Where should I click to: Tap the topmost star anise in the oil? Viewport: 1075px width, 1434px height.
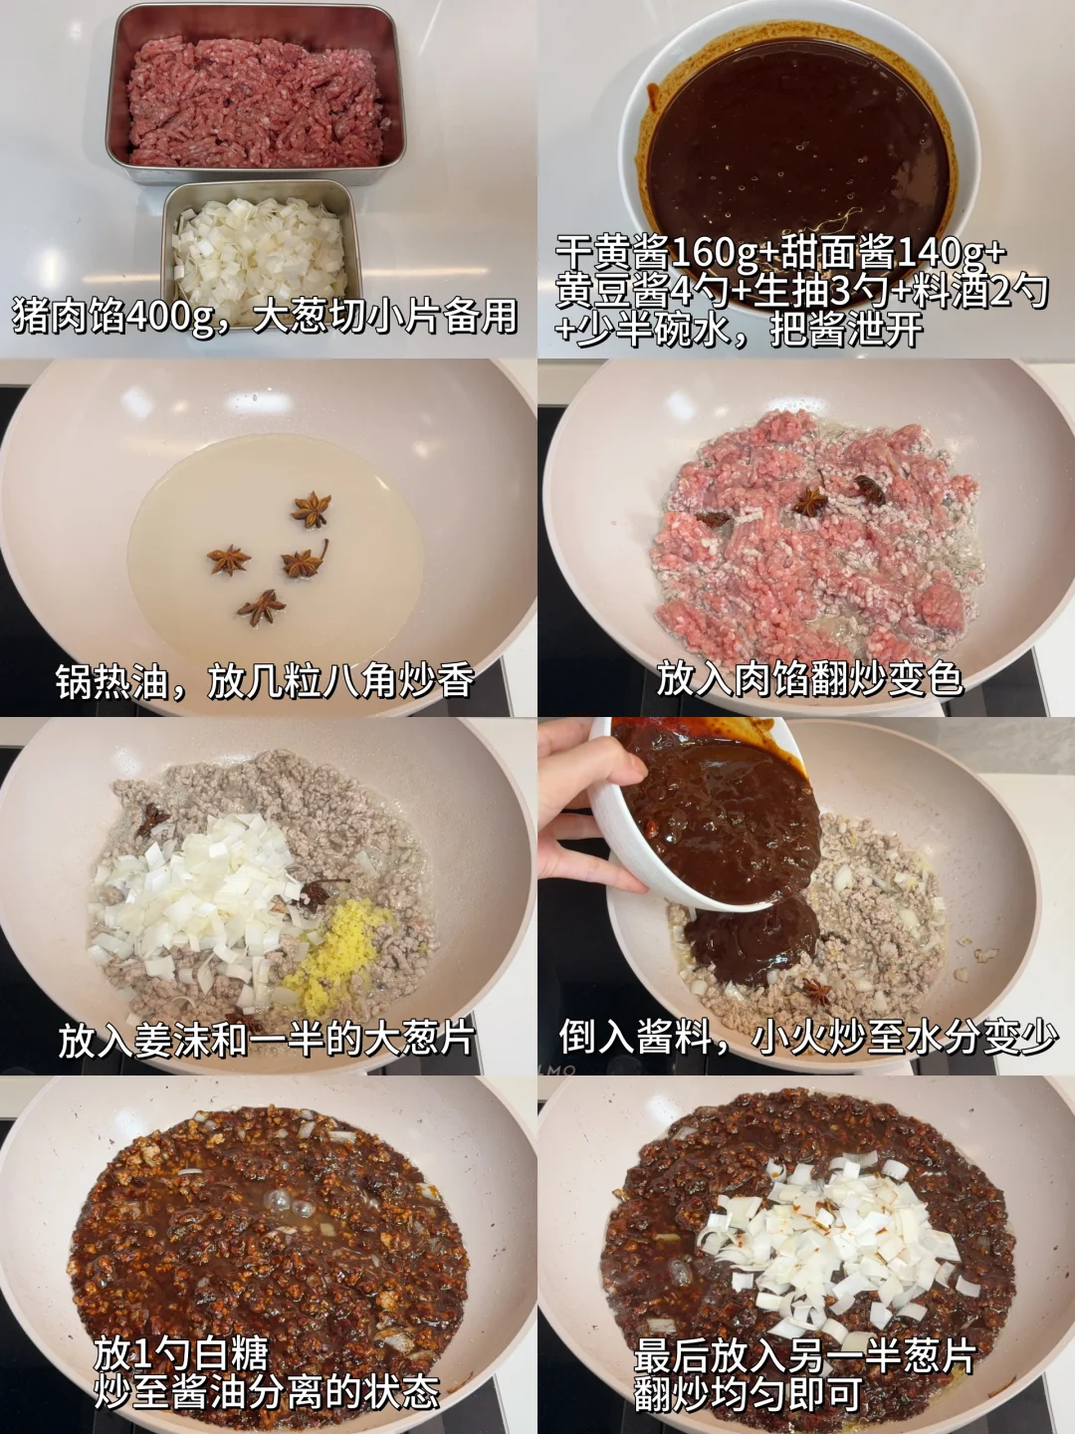pos(311,510)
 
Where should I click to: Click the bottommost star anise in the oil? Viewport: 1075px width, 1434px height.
pos(262,607)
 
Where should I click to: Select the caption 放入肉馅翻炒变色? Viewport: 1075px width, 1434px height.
pos(809,679)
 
